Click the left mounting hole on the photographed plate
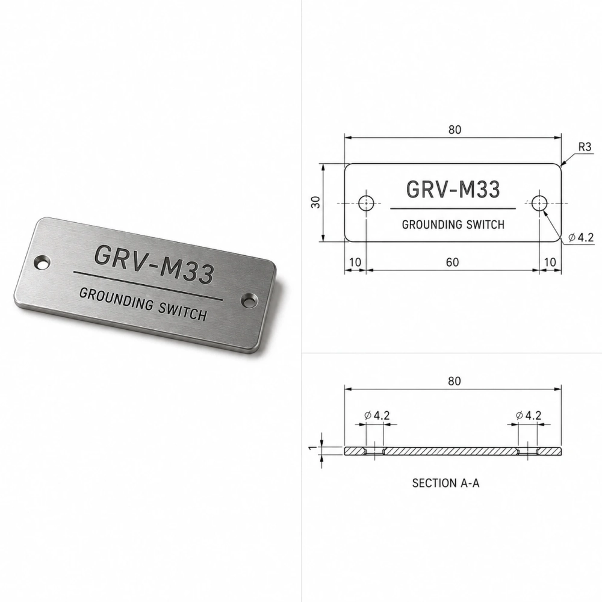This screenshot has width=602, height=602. point(42,263)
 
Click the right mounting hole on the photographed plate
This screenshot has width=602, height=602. point(250,300)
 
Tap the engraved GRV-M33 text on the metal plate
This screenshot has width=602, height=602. point(154,264)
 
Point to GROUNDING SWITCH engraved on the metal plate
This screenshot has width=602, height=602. point(143,305)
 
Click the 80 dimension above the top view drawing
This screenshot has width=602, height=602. point(455,130)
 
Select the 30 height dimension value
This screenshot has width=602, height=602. point(315,202)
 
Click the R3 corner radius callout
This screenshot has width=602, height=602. point(585,147)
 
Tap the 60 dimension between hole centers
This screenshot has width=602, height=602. point(452,262)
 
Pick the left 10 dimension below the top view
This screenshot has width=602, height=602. point(355,262)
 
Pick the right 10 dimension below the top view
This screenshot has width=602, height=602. point(550,262)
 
